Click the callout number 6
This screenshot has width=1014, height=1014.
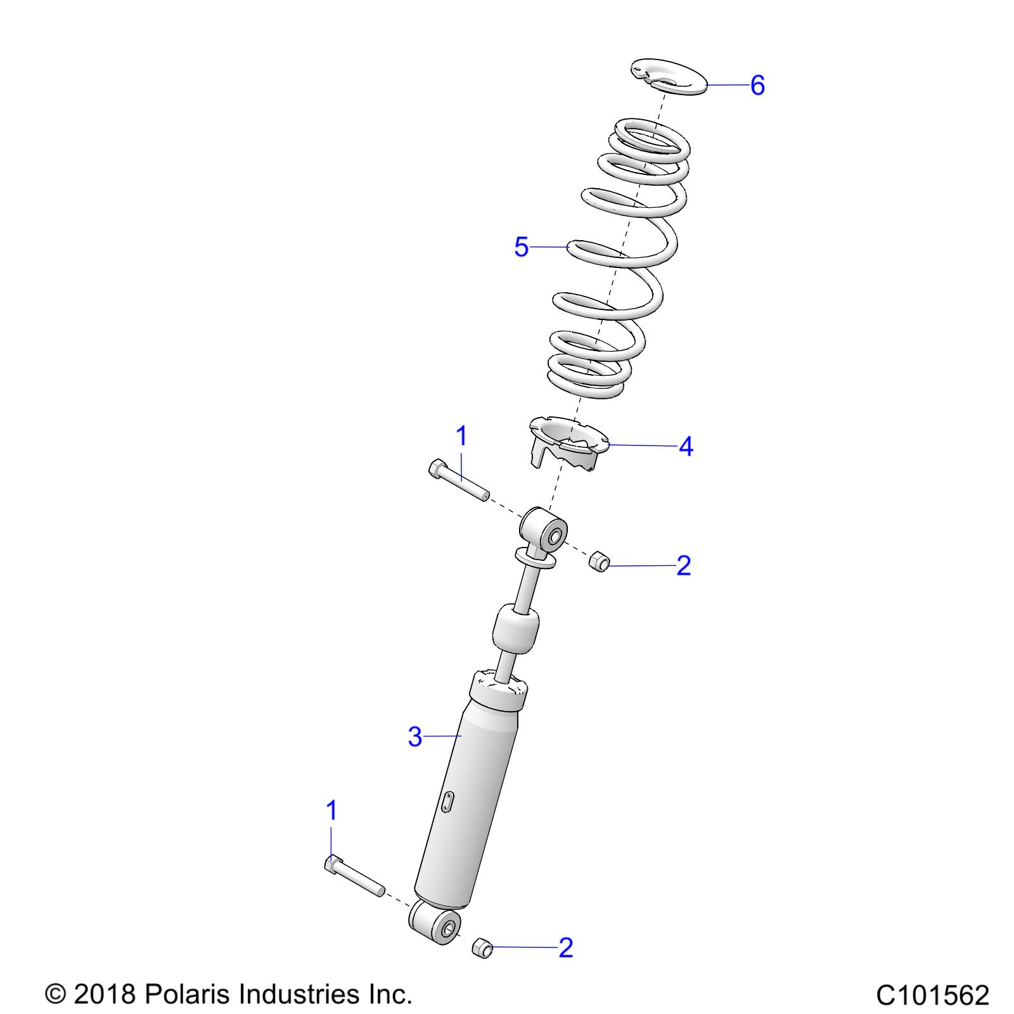tap(757, 85)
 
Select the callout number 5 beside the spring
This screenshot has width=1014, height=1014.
tap(521, 247)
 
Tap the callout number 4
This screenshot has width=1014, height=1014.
tap(686, 447)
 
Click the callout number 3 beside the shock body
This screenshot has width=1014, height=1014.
tap(414, 737)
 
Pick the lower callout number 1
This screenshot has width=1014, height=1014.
tap(331, 811)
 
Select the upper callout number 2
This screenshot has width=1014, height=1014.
tap(683, 565)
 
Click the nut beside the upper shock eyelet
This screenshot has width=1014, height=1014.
tap(599, 561)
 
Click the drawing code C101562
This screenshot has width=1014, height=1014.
tap(932, 995)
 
